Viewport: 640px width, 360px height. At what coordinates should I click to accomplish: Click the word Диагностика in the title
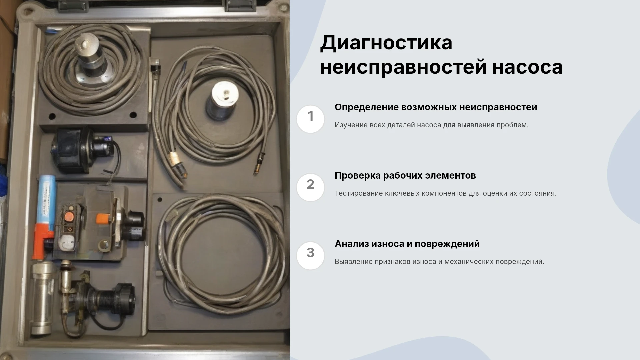click(x=386, y=43)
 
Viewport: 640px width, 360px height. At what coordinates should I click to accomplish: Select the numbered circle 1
click(x=310, y=119)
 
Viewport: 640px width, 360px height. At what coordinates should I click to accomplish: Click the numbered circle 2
click(x=310, y=187)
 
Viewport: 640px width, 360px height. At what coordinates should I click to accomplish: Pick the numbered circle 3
click(x=310, y=256)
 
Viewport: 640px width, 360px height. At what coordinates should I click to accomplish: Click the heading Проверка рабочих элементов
click(x=405, y=176)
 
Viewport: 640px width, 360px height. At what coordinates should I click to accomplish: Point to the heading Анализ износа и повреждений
click(x=407, y=244)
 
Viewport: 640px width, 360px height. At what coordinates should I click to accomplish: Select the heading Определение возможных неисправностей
click(x=436, y=107)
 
